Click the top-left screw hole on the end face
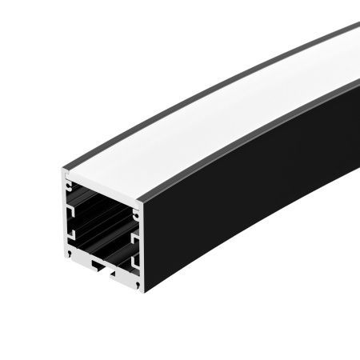(66, 178)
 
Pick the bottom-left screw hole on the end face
(73, 256)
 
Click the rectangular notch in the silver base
(97, 263)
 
